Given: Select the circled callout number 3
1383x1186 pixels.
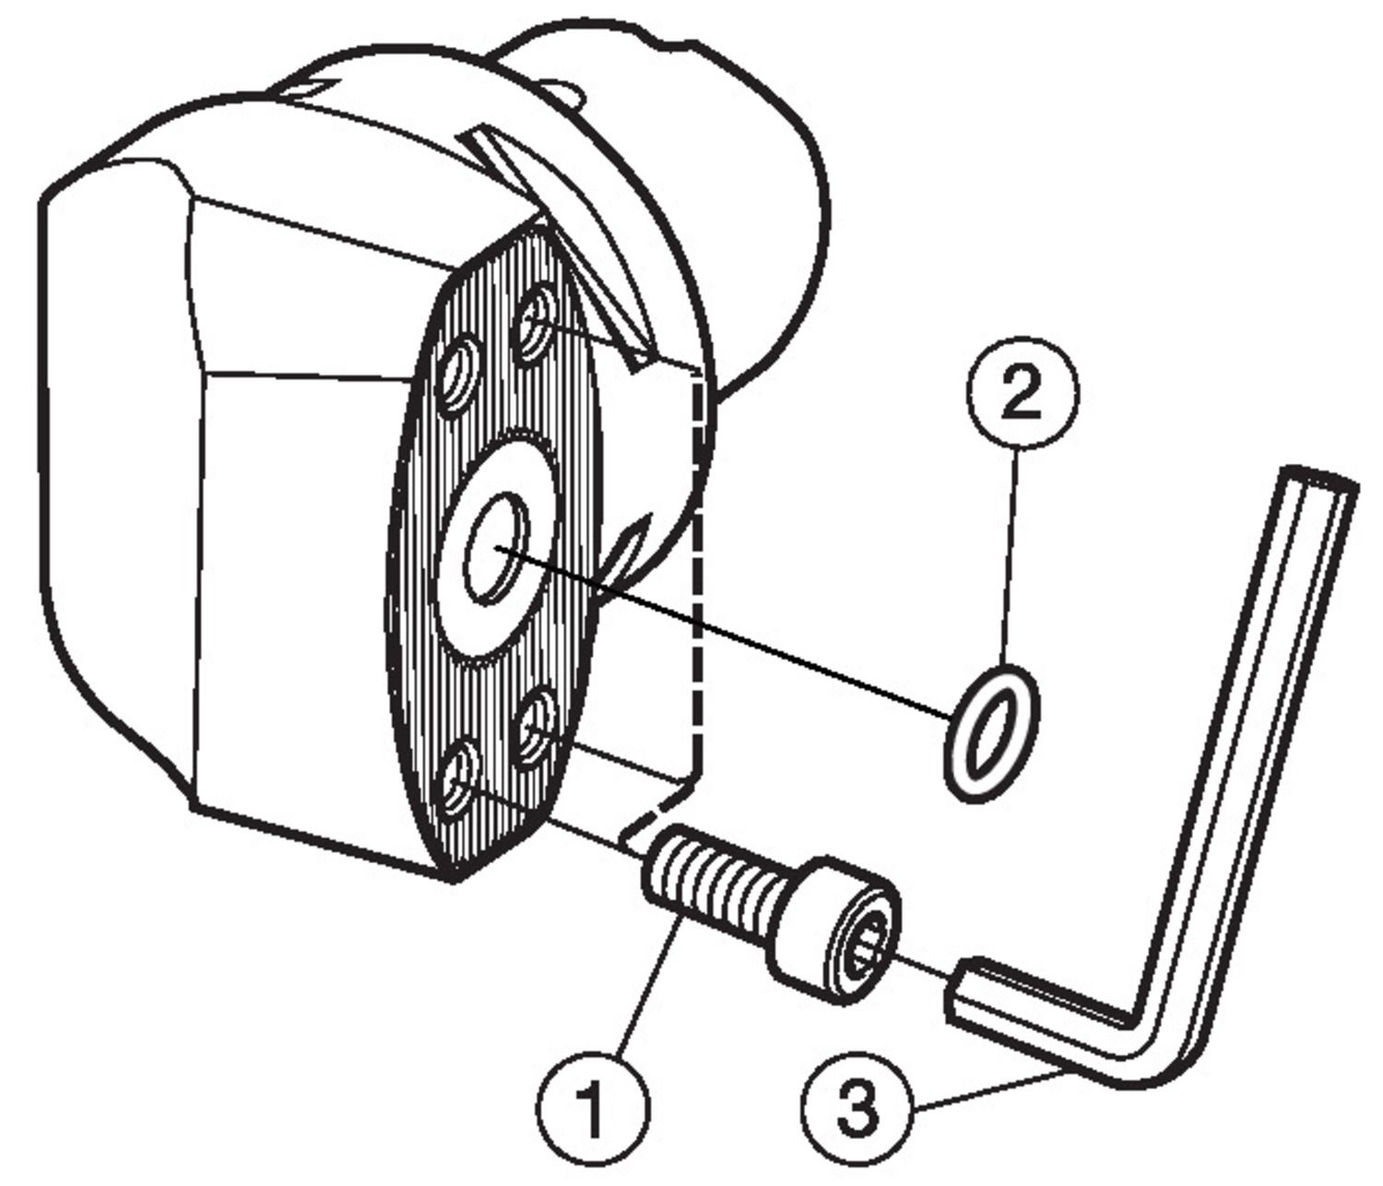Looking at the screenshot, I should coord(857,1108).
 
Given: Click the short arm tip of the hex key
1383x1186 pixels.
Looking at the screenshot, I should coord(963,991).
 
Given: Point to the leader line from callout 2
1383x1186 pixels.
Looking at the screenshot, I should coord(1012,553).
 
